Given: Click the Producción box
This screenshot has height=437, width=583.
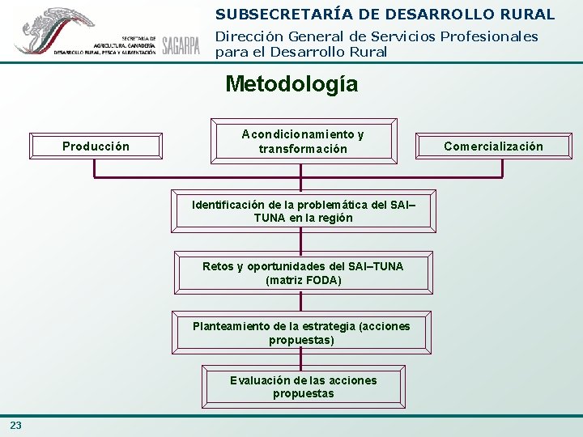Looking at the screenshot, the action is click(x=96, y=146).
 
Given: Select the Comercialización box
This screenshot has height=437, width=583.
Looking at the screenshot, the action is click(x=493, y=146).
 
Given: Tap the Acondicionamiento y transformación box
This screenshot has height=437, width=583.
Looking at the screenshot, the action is click(x=303, y=142).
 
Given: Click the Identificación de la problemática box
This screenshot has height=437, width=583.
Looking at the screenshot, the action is click(x=303, y=211).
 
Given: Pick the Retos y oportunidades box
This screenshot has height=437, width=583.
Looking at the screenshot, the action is click(x=303, y=274).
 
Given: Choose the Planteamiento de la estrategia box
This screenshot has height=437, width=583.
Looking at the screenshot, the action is click(x=301, y=333).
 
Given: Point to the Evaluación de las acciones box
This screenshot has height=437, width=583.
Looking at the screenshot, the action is click(x=303, y=387).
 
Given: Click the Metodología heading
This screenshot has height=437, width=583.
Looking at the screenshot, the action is click(x=291, y=84).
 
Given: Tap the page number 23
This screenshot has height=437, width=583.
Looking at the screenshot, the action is click(x=16, y=426).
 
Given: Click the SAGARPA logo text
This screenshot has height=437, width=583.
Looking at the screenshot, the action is click(x=181, y=45).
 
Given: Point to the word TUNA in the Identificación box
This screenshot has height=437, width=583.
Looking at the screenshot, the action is click(x=270, y=218).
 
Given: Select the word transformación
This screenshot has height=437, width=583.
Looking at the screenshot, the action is click(x=303, y=149).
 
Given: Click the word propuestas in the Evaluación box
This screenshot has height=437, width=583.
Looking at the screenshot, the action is click(x=303, y=394).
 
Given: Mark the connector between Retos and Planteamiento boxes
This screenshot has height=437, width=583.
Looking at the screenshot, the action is click(x=301, y=300).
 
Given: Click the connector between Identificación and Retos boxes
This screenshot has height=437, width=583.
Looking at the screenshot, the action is click(x=301, y=241).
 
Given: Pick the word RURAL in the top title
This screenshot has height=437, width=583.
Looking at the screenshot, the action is click(x=526, y=15).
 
